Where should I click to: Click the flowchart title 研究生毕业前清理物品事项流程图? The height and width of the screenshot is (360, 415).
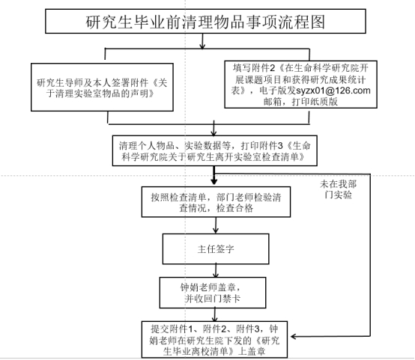[205, 22]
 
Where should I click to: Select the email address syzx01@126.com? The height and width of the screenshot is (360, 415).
[333, 91]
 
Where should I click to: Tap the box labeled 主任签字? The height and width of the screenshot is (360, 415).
[216, 249]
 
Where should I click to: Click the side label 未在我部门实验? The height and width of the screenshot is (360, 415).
[338, 189]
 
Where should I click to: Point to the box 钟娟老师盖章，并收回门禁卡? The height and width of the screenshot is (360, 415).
[213, 293]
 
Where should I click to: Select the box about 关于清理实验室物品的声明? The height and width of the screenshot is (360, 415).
[102, 87]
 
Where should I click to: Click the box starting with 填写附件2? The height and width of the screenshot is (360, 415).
[300, 85]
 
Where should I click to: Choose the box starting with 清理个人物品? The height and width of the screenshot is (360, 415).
[215, 150]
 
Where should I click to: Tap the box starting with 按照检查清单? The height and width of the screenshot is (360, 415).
[216, 202]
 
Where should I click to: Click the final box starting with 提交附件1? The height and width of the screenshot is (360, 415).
[214, 340]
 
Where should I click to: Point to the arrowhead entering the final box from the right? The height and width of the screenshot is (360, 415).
[294, 337]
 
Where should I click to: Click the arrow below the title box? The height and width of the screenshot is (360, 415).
[202, 41]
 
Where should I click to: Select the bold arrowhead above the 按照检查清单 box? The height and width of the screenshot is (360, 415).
[214, 181]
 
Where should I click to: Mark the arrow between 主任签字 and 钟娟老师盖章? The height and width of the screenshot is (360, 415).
[216, 270]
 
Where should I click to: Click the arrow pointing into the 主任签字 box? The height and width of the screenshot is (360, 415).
[216, 225]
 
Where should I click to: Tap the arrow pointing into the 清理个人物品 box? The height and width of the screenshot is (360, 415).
[213, 128]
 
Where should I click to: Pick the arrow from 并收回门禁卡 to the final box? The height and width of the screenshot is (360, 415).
[215, 315]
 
